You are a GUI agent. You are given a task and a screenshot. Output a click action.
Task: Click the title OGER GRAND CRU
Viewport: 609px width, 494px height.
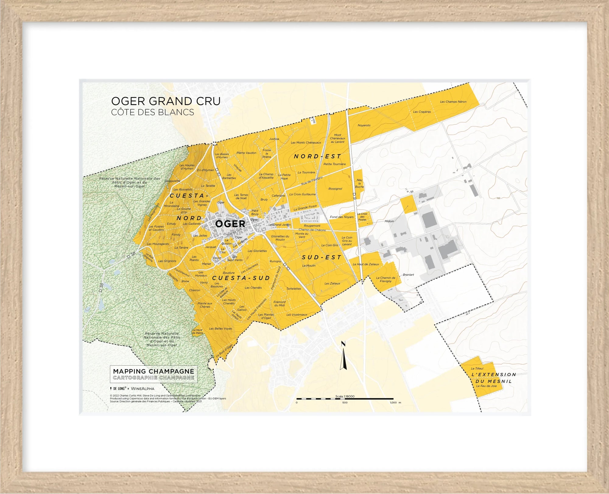tap(166, 101)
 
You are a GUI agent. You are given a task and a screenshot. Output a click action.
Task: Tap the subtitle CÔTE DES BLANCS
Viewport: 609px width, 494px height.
tap(152, 112)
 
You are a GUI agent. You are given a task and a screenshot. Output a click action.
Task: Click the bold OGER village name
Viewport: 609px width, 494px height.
tap(230, 224)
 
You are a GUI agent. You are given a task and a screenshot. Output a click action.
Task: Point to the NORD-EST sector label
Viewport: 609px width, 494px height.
tap(317, 156)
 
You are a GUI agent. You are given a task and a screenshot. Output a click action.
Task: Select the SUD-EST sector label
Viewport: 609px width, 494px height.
tap(322, 257)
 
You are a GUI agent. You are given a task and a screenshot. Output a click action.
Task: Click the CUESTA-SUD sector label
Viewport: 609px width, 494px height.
tap(241, 278)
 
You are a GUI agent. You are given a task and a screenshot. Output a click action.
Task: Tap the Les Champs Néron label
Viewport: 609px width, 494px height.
tap(453, 102)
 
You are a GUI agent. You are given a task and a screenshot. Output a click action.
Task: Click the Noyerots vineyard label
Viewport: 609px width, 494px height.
tap(364, 125)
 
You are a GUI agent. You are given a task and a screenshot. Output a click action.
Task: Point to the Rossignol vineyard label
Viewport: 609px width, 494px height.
tap(335, 189)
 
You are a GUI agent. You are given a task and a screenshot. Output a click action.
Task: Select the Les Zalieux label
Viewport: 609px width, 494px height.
tap(332, 283)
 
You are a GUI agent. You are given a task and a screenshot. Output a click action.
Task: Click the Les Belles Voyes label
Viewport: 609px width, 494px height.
tap(220, 329)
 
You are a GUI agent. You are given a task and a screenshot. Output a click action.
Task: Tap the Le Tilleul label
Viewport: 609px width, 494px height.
tap(477, 368)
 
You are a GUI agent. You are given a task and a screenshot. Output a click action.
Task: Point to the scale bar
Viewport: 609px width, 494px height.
tap(345, 398)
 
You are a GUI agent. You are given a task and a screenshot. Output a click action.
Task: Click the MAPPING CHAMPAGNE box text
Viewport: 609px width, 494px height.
tap(153, 371)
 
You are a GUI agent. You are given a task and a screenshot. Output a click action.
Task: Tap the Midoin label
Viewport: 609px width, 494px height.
tap(389, 221)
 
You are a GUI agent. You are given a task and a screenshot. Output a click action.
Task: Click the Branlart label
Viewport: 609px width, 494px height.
tap(408, 275)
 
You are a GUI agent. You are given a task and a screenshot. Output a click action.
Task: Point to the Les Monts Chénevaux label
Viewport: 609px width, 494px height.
tap(306, 142)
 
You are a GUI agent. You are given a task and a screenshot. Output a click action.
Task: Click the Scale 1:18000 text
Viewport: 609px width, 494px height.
tap(345, 396)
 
